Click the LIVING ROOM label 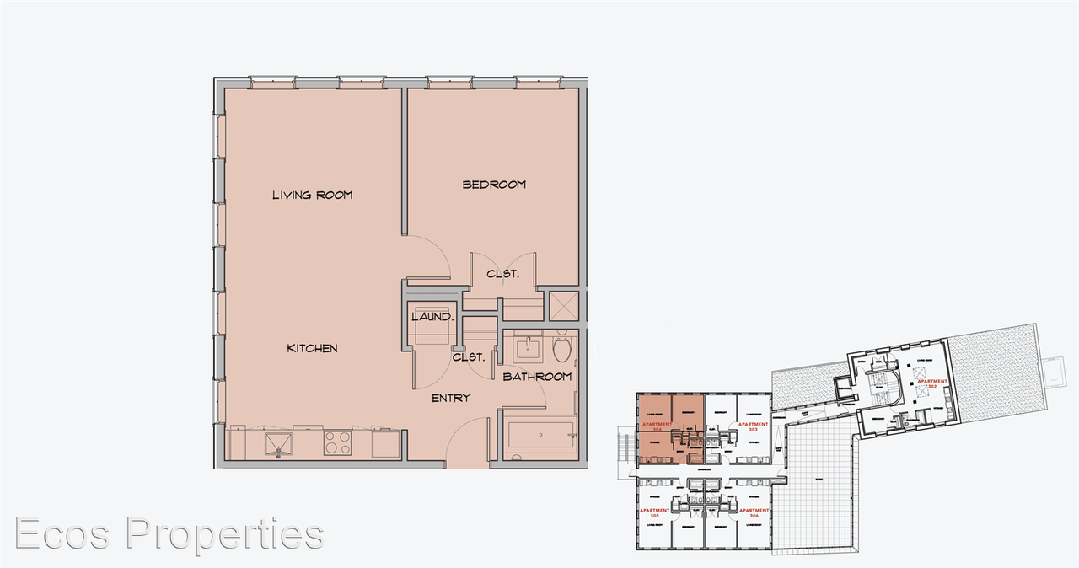tap(312, 195)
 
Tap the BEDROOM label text tap(494, 185)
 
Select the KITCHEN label tap(312, 348)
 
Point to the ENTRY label tap(450, 398)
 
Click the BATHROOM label tap(537, 377)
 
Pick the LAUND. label tap(433, 318)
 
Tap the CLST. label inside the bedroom tap(502, 274)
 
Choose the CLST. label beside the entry tap(469, 357)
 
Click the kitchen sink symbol tap(276, 442)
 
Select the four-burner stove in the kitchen tap(338, 442)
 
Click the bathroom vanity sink tap(532, 346)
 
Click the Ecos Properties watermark tap(169, 534)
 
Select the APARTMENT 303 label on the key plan tap(753, 426)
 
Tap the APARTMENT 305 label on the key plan tap(654, 512)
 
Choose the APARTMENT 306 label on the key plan tap(754, 512)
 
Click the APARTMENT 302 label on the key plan tap(932, 383)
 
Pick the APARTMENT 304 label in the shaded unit tap(654, 426)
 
